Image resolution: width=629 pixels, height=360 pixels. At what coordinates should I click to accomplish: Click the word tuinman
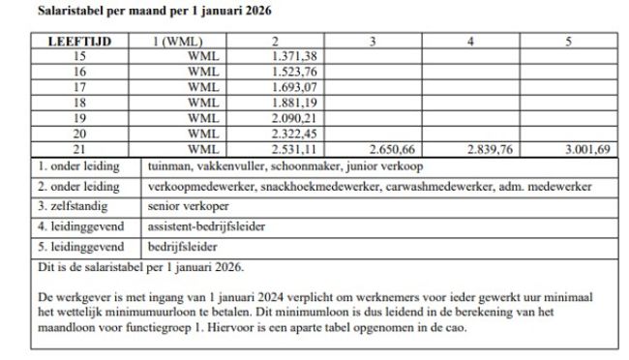click(x=168, y=166)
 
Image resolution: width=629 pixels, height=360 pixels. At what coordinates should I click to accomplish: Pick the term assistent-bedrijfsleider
click(x=206, y=226)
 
